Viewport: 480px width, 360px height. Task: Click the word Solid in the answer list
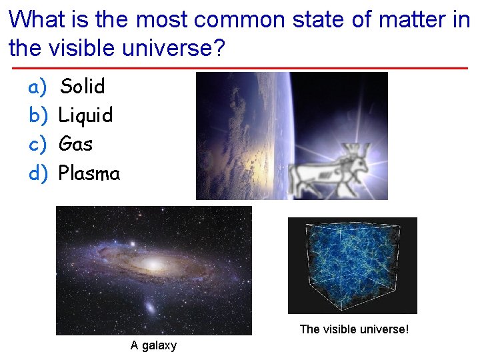[x=83, y=86]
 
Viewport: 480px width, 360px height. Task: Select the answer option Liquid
[x=85, y=115]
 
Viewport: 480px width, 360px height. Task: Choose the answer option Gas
[x=75, y=144]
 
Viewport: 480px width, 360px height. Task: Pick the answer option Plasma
[x=89, y=173]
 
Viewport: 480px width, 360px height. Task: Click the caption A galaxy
[x=153, y=345]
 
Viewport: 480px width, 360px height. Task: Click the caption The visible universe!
[x=353, y=329]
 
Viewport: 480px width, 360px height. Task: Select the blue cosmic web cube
[x=351, y=265]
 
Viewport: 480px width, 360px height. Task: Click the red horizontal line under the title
[x=240, y=68]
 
